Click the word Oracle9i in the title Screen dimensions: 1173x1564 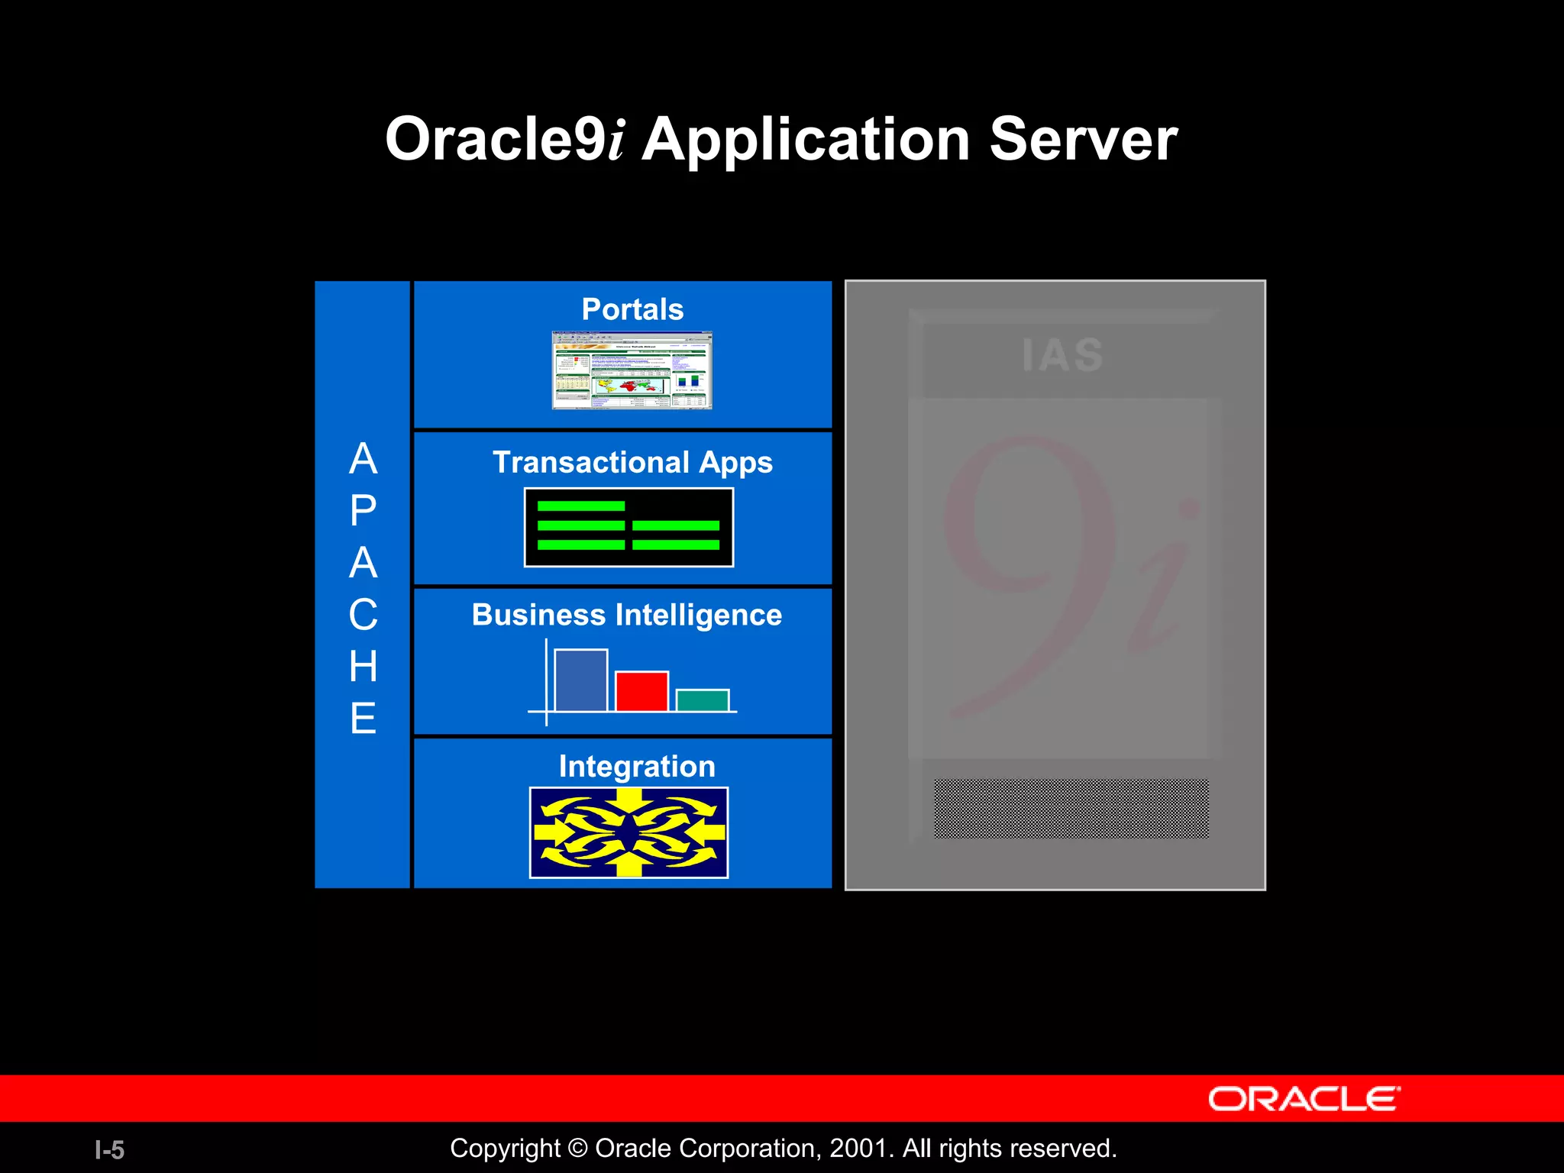pos(504,140)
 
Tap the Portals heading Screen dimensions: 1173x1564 pos(632,309)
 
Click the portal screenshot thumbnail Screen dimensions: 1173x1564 pos(632,370)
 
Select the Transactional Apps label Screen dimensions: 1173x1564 pos(632,462)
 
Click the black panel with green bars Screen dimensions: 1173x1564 pos(629,528)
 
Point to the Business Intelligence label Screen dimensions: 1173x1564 pos(626,615)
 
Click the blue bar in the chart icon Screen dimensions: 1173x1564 pos(580,680)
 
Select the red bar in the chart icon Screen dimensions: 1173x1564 pos(641,691)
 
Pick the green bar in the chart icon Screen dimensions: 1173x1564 pos(702,700)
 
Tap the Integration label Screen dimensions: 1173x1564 pos(637,766)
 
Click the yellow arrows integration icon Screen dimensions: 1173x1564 pos(629,832)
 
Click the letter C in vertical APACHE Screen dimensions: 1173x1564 pos(363,615)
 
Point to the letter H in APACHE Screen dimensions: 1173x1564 pos(363,667)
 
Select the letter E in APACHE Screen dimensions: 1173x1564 pos(363,719)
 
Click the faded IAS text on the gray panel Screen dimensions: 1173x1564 pos(1062,355)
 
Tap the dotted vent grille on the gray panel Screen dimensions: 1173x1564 pos(1071,808)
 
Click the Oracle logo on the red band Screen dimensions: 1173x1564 pos(1304,1099)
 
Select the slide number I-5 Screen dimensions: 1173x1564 pos(109,1149)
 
